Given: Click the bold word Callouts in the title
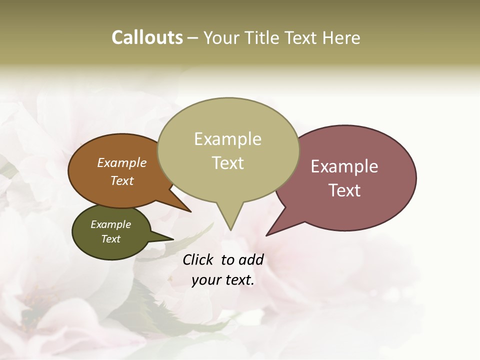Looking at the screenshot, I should (x=147, y=37).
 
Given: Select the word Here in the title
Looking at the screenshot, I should (x=342, y=37).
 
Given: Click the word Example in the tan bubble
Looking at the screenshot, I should (x=227, y=139).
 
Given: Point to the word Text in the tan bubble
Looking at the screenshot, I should (x=227, y=163).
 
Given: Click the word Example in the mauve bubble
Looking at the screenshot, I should (x=344, y=166).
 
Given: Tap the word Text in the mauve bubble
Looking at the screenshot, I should (x=344, y=190).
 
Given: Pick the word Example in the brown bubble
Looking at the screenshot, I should (x=122, y=162).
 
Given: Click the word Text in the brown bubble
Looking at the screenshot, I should (x=122, y=180).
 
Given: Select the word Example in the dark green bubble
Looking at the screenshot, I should (x=110, y=224).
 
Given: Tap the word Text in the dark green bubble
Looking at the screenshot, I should (x=110, y=239).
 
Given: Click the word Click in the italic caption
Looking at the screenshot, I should (x=199, y=259).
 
